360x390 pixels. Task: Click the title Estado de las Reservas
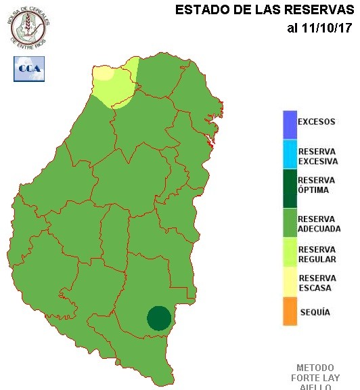[265, 10]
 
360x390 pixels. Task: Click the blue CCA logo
[28, 69]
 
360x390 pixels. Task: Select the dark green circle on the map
[159, 318]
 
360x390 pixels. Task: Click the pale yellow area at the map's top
[104, 72]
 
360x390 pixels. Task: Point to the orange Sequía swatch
[290, 311]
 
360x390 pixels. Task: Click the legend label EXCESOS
[316, 123]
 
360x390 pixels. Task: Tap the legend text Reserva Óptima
[317, 185]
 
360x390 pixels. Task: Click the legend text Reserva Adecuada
[319, 224]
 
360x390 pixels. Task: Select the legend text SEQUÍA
[314, 312]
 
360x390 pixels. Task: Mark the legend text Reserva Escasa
[317, 283]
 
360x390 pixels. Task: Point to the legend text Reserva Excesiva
[317, 156]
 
